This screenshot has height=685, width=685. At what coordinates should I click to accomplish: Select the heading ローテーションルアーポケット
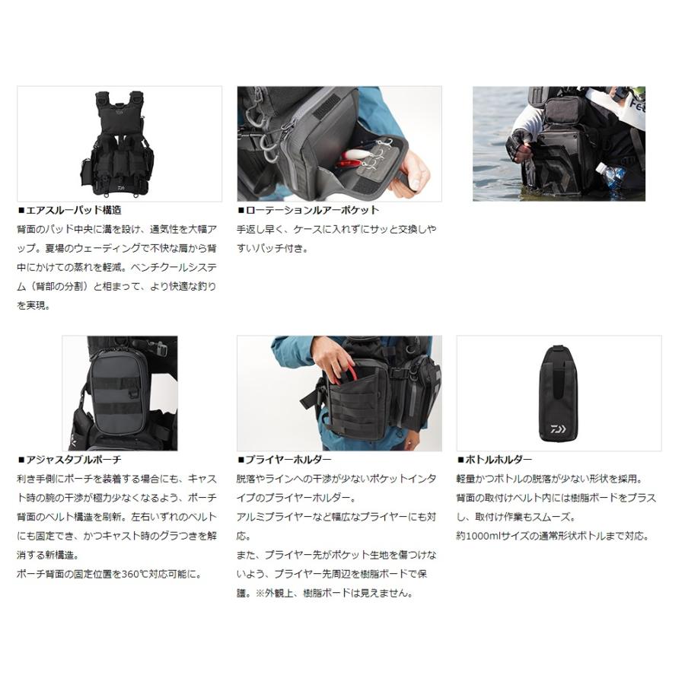pyautogui.click(x=311, y=210)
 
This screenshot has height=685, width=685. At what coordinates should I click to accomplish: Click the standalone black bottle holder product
pyautogui.click(x=559, y=394)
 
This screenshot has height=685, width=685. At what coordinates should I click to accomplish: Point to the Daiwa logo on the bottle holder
pyautogui.click(x=569, y=431)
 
